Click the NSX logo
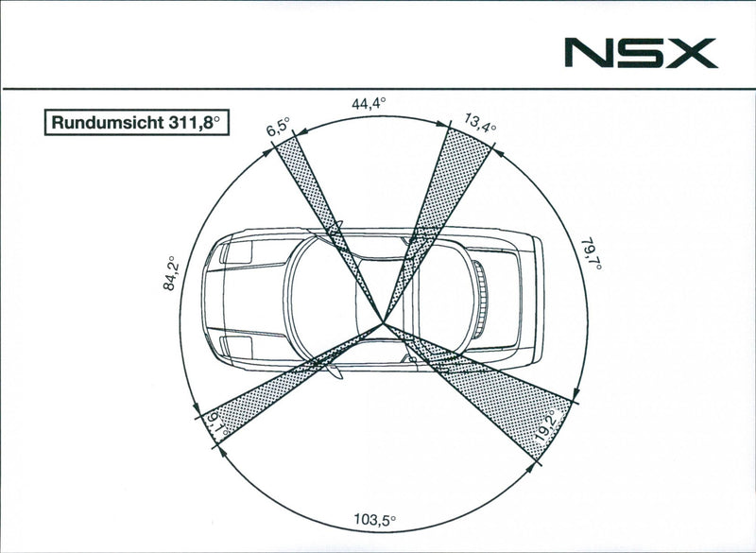pyautogui.click(x=641, y=53)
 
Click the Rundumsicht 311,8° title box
pyautogui.click(x=136, y=123)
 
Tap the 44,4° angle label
pyautogui.click(x=369, y=104)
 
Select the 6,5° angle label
pyautogui.click(x=278, y=127)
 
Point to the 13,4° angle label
pyautogui.click(x=480, y=123)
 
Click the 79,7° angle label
pyautogui.click(x=592, y=253)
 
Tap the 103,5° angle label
pyautogui.click(x=375, y=520)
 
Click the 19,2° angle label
pyautogui.click(x=545, y=426)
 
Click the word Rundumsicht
pyautogui.click(x=108, y=123)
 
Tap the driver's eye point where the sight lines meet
pyautogui.click(x=384, y=321)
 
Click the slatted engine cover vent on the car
pyautogui.click(x=480, y=300)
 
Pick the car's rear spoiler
pyautogui.click(x=538, y=300)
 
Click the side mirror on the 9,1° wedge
pyautogui.click(x=334, y=372)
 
